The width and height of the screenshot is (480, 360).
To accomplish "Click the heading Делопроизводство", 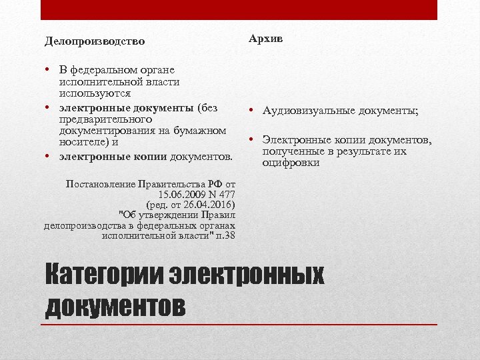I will (95, 41).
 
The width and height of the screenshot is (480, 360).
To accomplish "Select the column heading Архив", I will (266, 39).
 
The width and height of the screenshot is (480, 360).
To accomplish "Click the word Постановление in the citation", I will (101, 183).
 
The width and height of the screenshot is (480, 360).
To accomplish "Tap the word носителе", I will (81, 141).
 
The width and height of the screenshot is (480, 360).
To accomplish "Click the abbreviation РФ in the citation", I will (215, 183).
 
